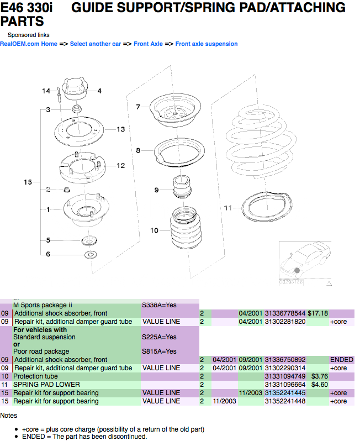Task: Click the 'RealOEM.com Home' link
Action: pos(29,44)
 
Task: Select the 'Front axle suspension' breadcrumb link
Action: pos(207,44)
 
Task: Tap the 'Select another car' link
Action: pos(95,44)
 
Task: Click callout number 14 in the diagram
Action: pos(46,91)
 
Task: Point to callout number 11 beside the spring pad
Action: pos(228,208)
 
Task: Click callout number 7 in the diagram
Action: pos(139,107)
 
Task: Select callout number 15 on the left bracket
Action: pos(28,182)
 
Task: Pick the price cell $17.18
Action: pos(317,313)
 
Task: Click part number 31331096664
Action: pos(285,385)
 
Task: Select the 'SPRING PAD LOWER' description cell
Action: pos(46,385)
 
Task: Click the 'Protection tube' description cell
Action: pos(35,376)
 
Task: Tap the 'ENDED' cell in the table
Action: pos(341,360)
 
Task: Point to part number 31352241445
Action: pos(285,393)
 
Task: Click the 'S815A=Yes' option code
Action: pos(159,351)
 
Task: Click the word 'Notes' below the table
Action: pos(9,415)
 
